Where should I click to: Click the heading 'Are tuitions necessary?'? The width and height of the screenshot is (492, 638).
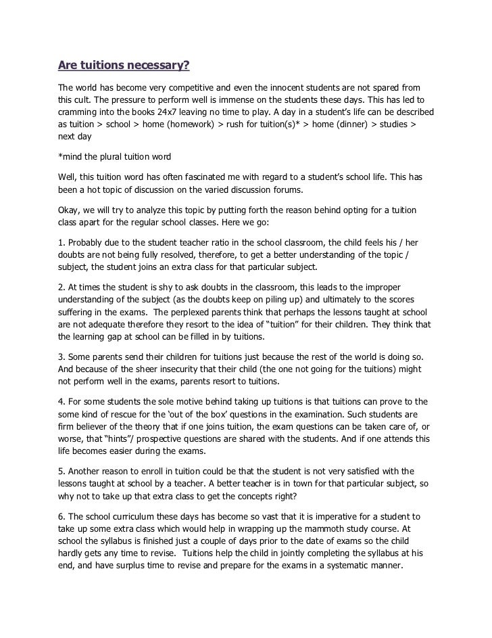tap(124, 66)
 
